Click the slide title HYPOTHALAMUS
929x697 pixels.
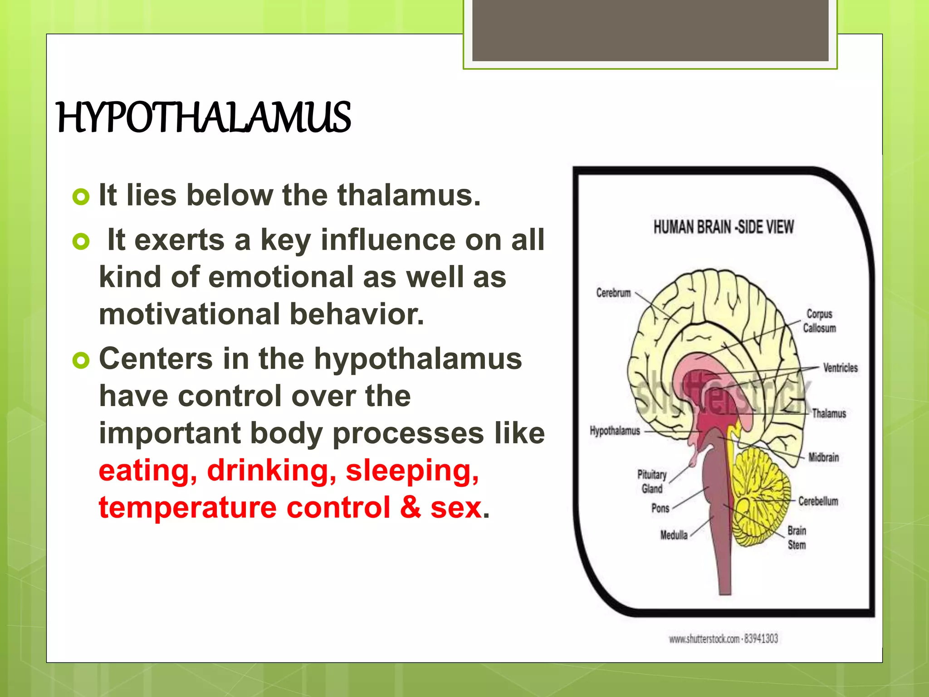coord(203,118)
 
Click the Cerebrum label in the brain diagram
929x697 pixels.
coord(613,293)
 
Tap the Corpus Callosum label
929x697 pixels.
coord(819,321)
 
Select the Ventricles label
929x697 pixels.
coord(840,368)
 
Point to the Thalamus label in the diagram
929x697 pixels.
coord(829,413)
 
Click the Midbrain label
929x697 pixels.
coord(823,457)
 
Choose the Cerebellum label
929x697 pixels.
coord(818,501)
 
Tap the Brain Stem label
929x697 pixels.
coord(797,538)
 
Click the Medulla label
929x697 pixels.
coord(674,535)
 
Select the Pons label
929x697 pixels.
coord(660,508)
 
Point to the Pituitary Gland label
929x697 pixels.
coord(652,481)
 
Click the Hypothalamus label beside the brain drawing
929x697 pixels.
coord(615,431)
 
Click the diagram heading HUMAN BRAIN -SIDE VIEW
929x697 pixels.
coord(724,227)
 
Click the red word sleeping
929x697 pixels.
coord(412,471)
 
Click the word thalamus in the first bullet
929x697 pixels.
coord(408,195)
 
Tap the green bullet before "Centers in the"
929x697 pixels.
coord(81,360)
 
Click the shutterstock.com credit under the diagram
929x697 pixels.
coord(723,639)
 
